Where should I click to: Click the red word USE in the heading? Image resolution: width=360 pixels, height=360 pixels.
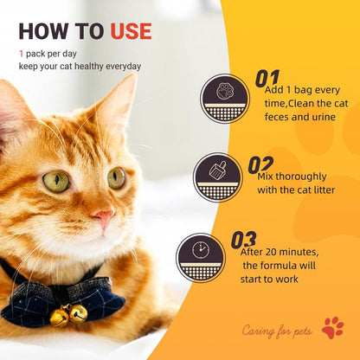(131, 31)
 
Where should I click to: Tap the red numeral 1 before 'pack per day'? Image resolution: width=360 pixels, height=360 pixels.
(21, 54)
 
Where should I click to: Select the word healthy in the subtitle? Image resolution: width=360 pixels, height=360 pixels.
(89, 67)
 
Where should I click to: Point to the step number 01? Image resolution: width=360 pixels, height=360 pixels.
(267, 78)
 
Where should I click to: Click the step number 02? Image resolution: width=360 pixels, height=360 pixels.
(260, 164)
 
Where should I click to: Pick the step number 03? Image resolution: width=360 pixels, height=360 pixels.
(243, 240)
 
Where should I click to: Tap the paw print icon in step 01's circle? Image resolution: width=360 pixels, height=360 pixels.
(225, 91)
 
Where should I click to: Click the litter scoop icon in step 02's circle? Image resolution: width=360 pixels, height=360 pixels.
(217, 170)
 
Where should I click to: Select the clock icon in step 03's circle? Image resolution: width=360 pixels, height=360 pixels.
(201, 250)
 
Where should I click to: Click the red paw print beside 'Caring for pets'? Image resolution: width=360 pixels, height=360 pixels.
(333, 328)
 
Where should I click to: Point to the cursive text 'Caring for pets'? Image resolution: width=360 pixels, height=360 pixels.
(277, 331)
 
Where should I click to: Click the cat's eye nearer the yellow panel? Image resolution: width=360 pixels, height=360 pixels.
(117, 178)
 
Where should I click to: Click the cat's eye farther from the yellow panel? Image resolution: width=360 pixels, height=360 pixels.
(56, 181)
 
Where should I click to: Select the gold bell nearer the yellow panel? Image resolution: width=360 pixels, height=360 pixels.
(79, 313)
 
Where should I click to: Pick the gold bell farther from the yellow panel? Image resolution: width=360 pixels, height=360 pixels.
(60, 318)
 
